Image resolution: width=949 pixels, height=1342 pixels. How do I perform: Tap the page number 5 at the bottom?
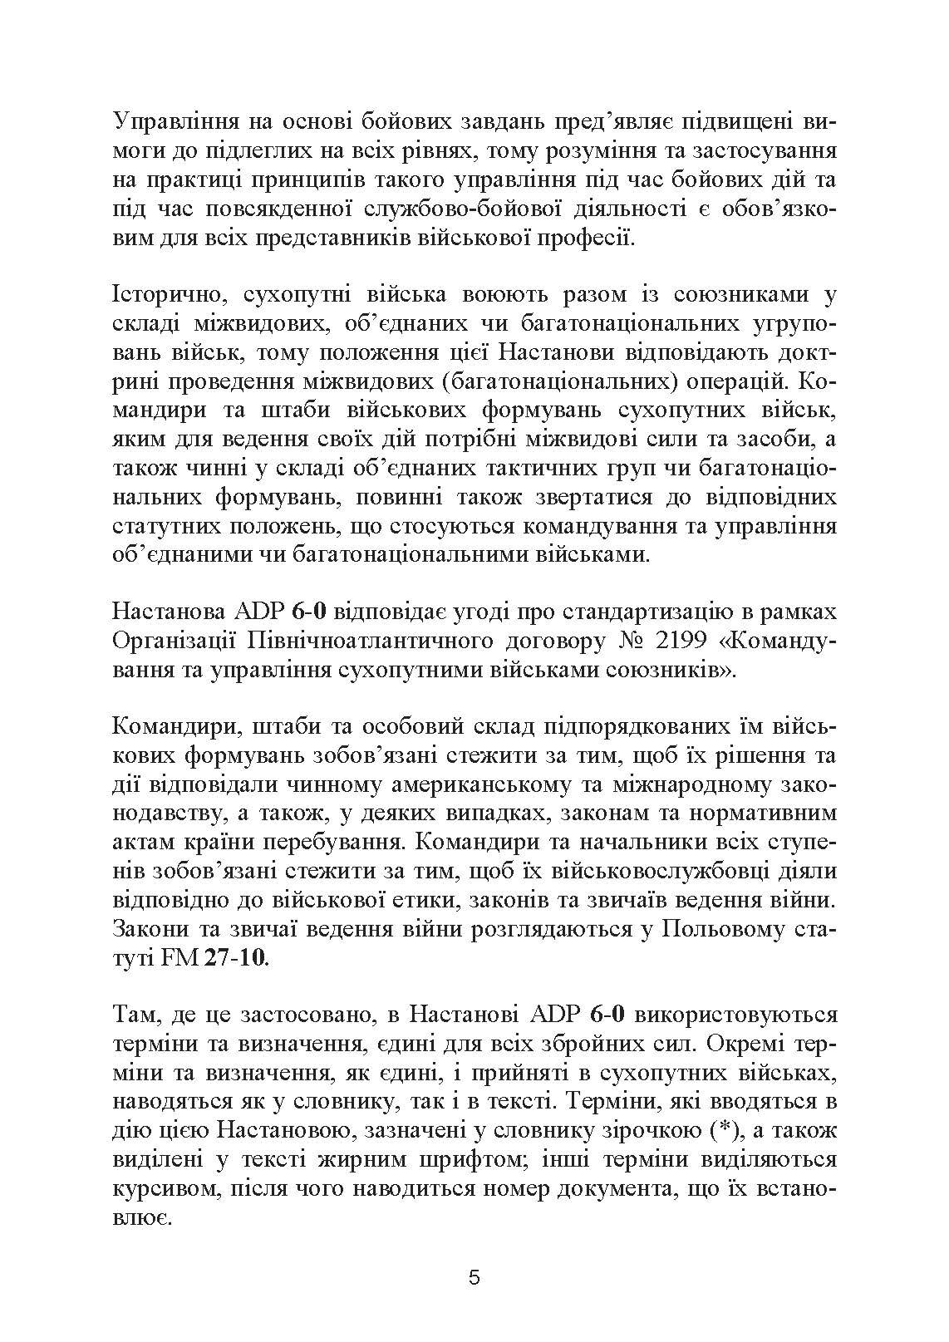click(x=474, y=1278)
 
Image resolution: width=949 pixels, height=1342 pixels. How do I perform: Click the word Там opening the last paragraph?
click(x=131, y=1015)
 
